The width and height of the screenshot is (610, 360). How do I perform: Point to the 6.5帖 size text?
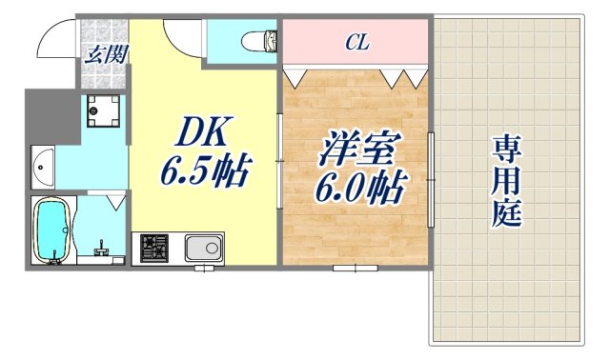tap(206, 174)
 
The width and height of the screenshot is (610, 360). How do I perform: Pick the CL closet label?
tap(357, 42)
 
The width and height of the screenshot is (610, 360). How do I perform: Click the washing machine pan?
tap(101, 111)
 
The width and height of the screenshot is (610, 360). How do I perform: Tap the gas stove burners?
tap(155, 250)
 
